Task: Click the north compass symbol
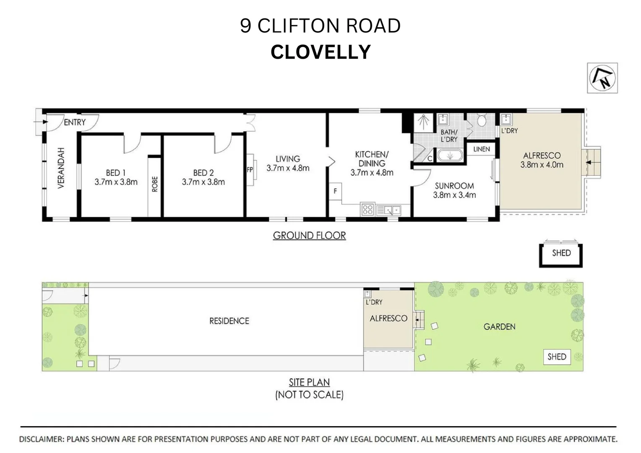tap(602, 78)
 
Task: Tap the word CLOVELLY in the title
tap(320, 52)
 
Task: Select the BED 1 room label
tap(116, 173)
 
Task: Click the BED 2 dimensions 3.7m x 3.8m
tap(203, 182)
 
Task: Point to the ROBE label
tap(155, 184)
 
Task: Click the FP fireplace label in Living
tap(250, 170)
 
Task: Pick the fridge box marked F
tap(335, 191)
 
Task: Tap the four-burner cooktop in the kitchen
tap(367, 209)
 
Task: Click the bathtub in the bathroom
tap(450, 156)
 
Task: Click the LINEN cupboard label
tap(481, 149)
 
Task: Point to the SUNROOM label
tap(454, 186)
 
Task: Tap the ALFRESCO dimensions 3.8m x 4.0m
tap(542, 165)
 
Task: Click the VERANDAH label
tap(61, 168)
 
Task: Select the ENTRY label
tap(75, 122)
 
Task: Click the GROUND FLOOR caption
tap(309, 236)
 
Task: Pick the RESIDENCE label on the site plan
tap(229, 321)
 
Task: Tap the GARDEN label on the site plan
tap(499, 327)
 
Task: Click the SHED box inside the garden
tap(557, 357)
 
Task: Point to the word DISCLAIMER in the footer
tap(41, 440)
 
